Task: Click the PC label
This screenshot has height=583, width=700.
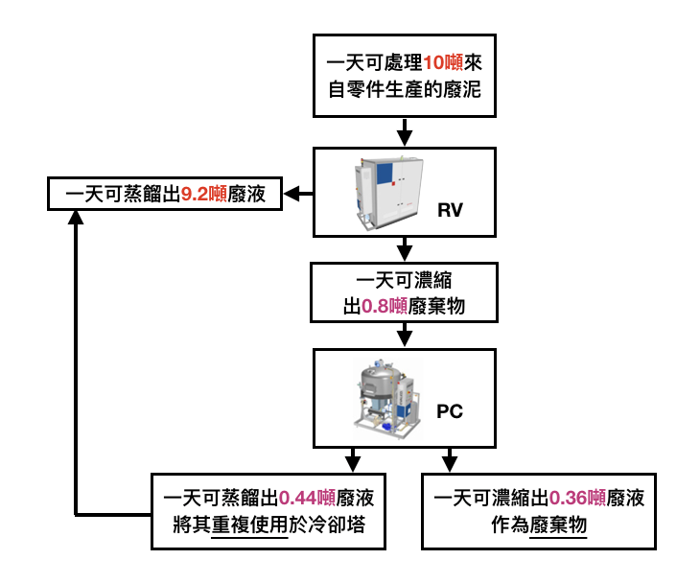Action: pyautogui.click(x=450, y=411)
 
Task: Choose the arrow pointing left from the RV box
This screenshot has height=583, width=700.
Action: pyautogui.click(x=300, y=195)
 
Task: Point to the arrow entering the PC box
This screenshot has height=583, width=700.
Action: pyautogui.click(x=405, y=335)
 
